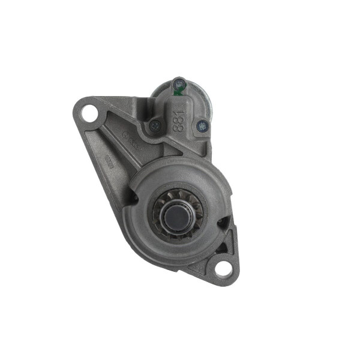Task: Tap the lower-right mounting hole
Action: pyautogui.click(x=223, y=267)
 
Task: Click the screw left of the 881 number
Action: pyautogui.click(x=155, y=125)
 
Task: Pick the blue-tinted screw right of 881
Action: pyautogui.click(x=202, y=126)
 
